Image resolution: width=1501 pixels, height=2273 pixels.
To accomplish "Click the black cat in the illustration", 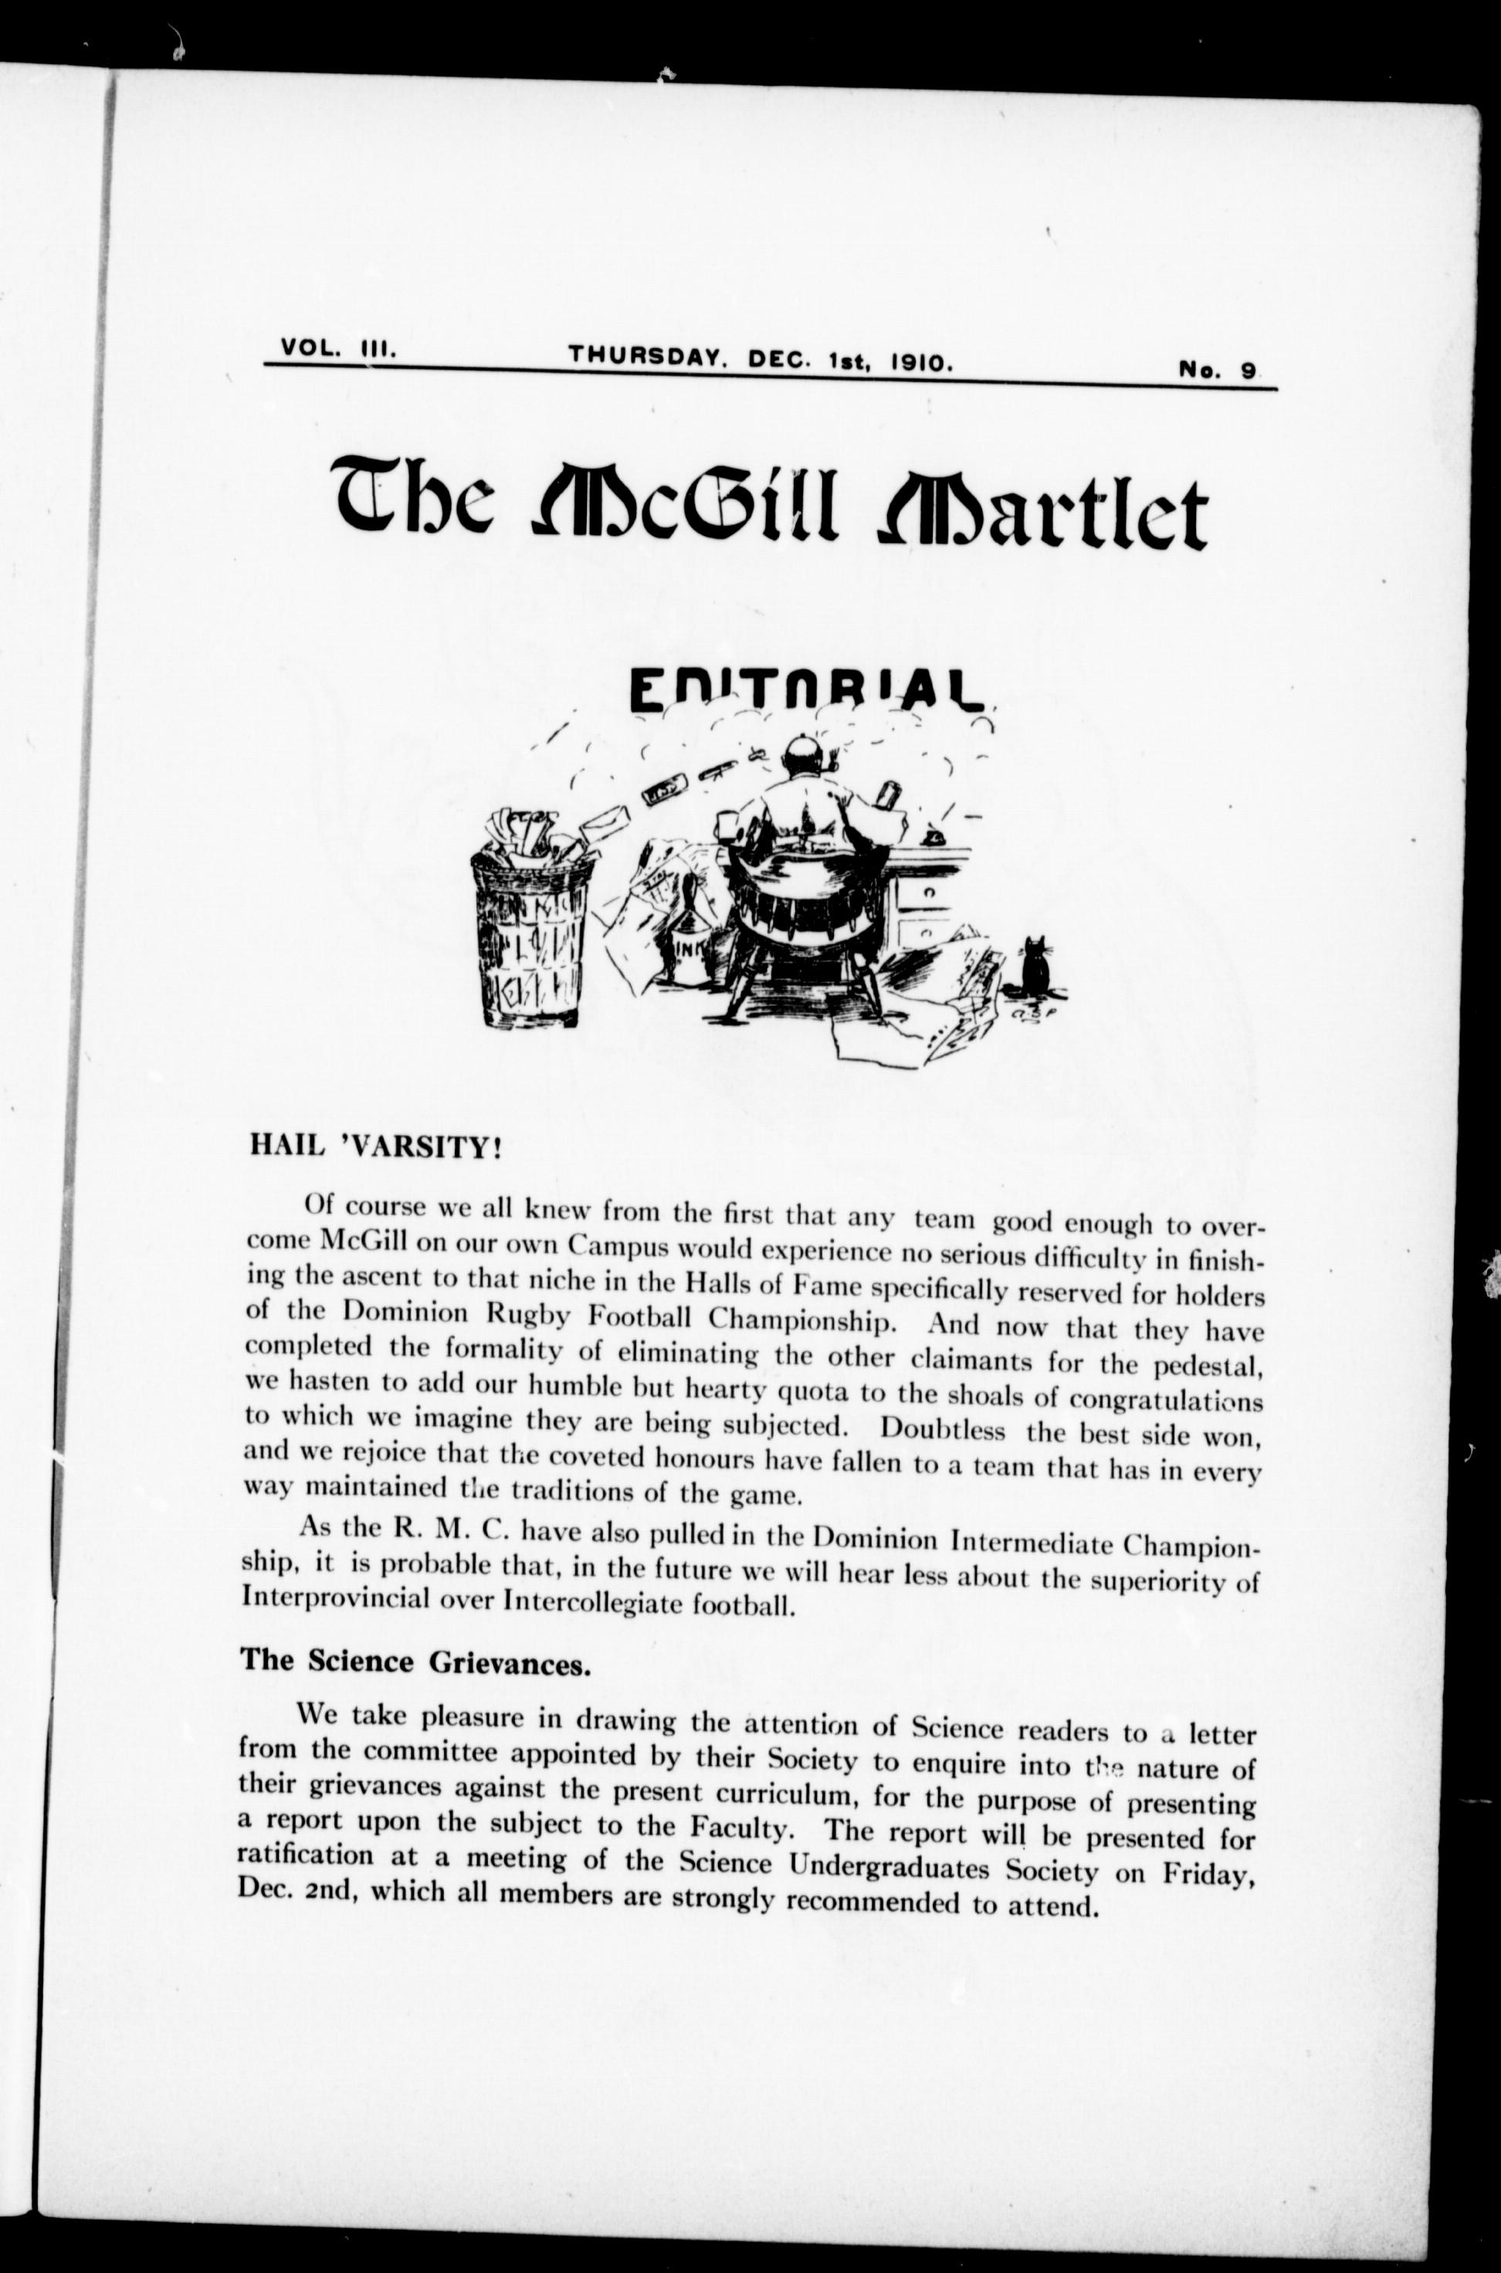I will pyautogui.click(x=1034, y=968).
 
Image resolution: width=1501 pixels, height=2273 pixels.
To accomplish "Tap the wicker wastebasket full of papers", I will pyautogui.click(x=531, y=933).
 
